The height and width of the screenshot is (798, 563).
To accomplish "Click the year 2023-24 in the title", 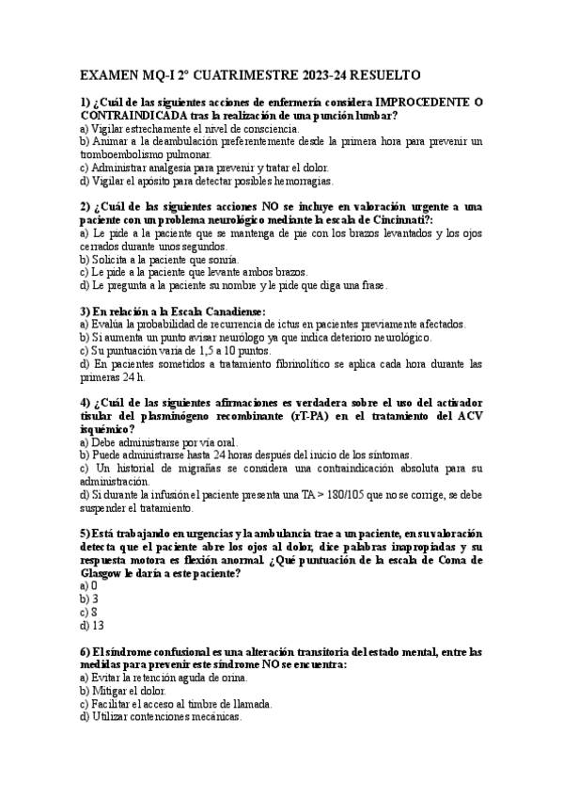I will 291,74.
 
